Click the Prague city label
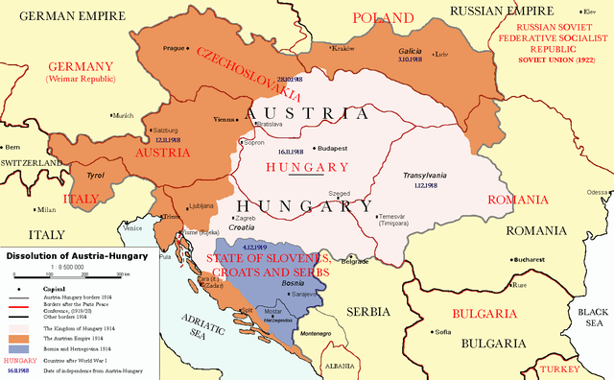(x=172, y=47)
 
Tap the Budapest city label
(x=332, y=149)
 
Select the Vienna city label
(x=224, y=120)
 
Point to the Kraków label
(x=342, y=48)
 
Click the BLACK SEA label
(x=593, y=318)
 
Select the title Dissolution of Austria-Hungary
(x=77, y=256)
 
